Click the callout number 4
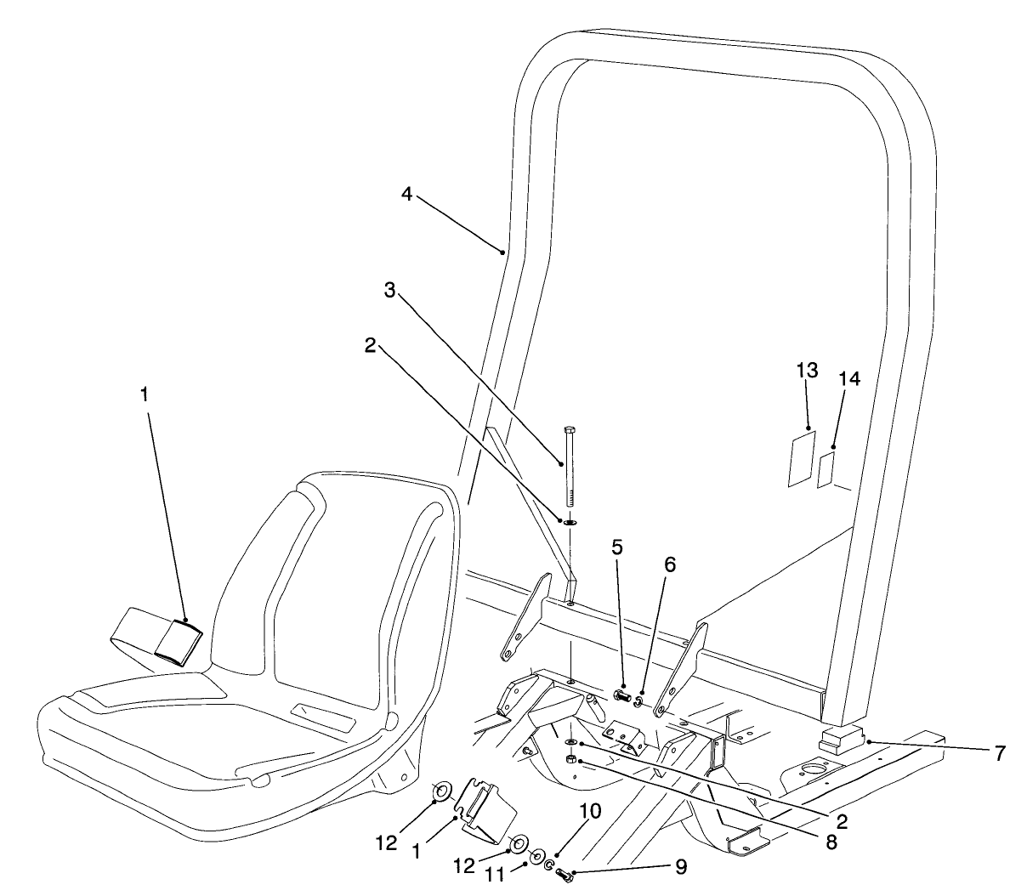click(x=406, y=195)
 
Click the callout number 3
click(x=390, y=290)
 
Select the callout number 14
click(x=849, y=379)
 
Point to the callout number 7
click(x=999, y=752)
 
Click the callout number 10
click(x=589, y=811)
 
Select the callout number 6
click(x=669, y=564)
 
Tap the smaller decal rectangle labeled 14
click(x=826, y=470)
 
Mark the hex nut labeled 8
click(x=572, y=758)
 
